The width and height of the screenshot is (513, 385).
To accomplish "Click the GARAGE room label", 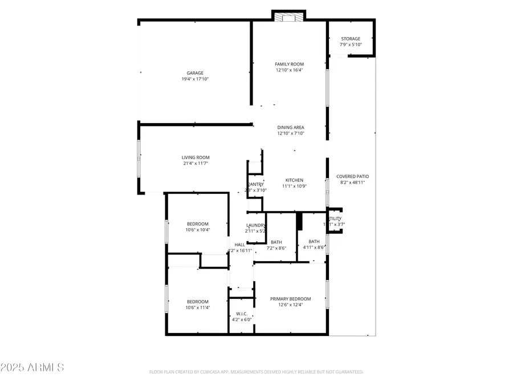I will (195, 73).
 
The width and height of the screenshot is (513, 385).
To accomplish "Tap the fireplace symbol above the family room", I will (288, 17).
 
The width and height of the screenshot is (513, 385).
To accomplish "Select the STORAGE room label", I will (351, 39).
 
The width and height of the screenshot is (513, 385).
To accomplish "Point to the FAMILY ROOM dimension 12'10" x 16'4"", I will (289, 70).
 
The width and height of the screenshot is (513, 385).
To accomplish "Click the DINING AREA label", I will (290, 127).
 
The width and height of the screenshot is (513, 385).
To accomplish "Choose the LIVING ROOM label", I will (196, 157).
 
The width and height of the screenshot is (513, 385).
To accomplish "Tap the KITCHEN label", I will (295, 180).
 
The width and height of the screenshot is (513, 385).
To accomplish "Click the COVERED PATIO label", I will (352, 177).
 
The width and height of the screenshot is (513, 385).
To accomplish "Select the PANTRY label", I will (255, 184).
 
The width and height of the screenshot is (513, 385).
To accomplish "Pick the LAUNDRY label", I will (255, 225).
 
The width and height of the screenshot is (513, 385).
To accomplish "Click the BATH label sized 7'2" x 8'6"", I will (276, 242).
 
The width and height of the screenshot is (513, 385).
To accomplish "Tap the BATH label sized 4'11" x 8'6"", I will (314, 241).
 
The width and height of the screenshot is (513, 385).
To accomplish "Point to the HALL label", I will (240, 245).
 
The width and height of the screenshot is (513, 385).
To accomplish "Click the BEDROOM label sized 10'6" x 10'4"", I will (198, 224).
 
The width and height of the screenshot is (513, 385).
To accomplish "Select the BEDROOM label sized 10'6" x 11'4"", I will (198, 302).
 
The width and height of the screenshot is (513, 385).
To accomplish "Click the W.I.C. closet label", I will (242, 314).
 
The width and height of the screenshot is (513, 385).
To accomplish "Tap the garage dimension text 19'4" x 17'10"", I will (195, 79).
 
